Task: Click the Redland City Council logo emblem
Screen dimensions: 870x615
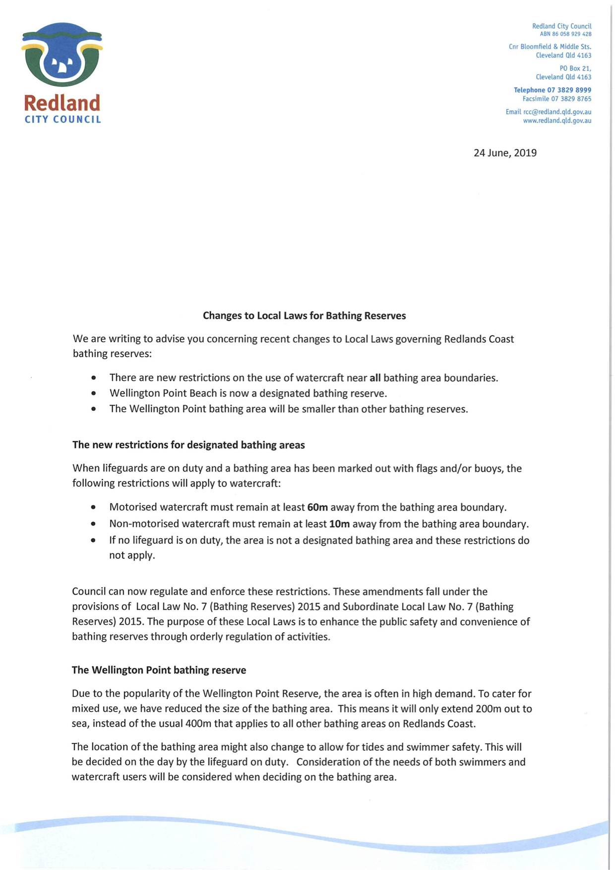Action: [x=62, y=55]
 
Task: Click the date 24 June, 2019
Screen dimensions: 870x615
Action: [x=505, y=153]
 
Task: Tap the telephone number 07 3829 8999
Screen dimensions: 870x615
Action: [x=569, y=90]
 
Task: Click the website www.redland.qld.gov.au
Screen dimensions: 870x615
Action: [x=557, y=121]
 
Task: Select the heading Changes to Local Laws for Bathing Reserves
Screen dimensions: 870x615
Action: [x=304, y=316]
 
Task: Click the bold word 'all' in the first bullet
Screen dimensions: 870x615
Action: [x=375, y=378]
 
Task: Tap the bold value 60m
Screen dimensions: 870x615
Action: [x=317, y=507]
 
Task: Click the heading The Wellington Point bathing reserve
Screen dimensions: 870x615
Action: [x=159, y=670]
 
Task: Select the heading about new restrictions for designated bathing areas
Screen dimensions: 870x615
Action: [x=188, y=445]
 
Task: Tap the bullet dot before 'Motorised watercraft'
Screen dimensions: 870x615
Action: [x=94, y=508]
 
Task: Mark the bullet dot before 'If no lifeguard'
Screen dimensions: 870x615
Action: [x=94, y=541]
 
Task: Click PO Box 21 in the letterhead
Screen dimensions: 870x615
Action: [x=575, y=69]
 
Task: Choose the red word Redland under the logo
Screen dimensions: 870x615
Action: [x=62, y=103]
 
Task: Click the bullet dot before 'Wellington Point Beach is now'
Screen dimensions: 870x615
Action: [x=94, y=394]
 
